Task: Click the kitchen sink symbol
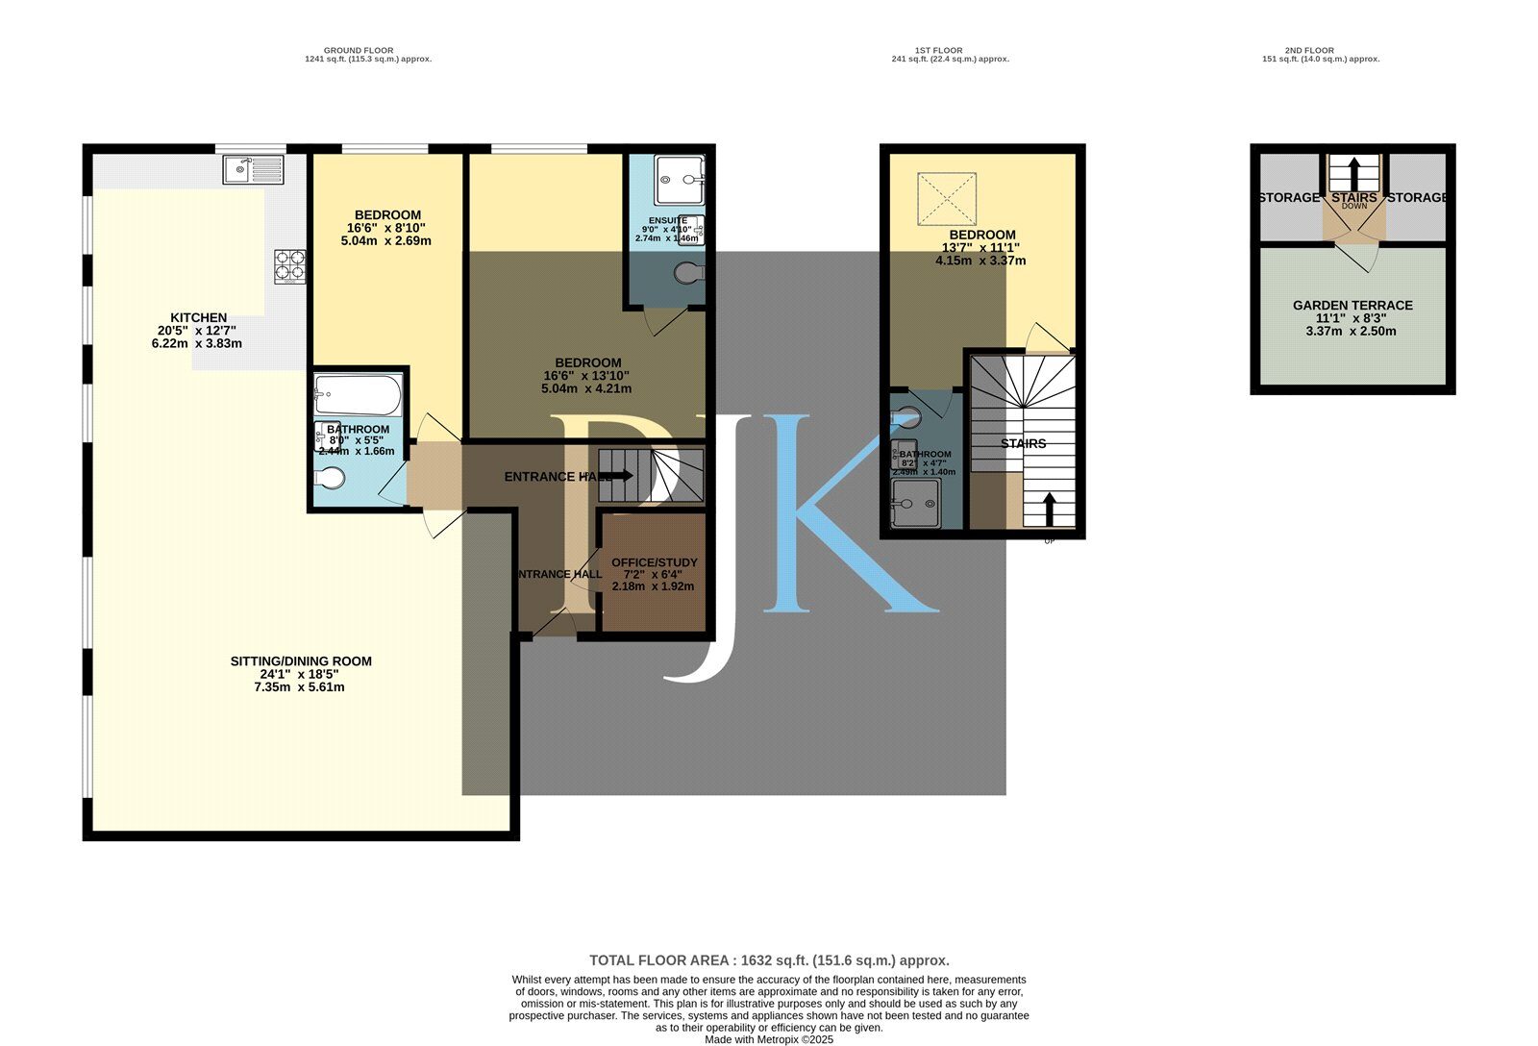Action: (x=254, y=170)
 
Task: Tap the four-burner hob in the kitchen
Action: (x=290, y=265)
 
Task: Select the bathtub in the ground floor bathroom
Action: (x=358, y=393)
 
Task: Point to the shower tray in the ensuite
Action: (x=680, y=180)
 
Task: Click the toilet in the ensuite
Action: (x=689, y=275)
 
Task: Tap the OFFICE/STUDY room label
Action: (x=654, y=562)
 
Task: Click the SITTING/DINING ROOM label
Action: (x=300, y=661)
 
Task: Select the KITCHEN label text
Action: (x=198, y=317)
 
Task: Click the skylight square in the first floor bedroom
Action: (x=946, y=199)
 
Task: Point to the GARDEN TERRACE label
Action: (x=1352, y=305)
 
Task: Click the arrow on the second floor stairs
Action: (x=1353, y=174)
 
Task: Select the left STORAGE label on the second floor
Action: (x=1288, y=197)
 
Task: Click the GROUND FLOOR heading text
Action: (x=358, y=50)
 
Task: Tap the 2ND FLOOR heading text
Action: (x=1308, y=50)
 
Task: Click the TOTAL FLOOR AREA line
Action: (x=768, y=959)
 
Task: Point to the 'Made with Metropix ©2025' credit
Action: (x=768, y=1039)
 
